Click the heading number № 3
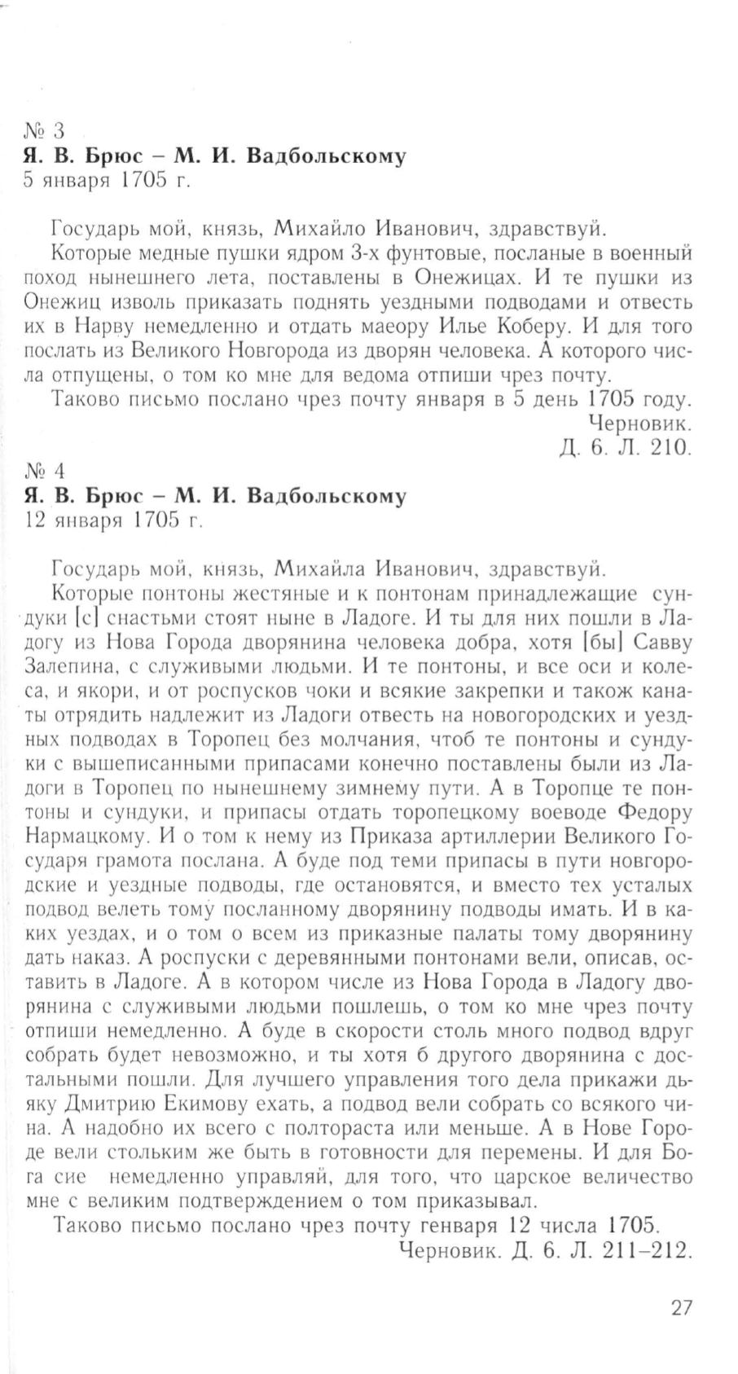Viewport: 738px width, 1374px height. (x=44, y=130)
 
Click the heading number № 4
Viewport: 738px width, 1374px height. (x=44, y=471)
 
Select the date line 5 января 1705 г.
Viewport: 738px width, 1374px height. (x=108, y=181)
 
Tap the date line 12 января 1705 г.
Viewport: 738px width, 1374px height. (x=113, y=521)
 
